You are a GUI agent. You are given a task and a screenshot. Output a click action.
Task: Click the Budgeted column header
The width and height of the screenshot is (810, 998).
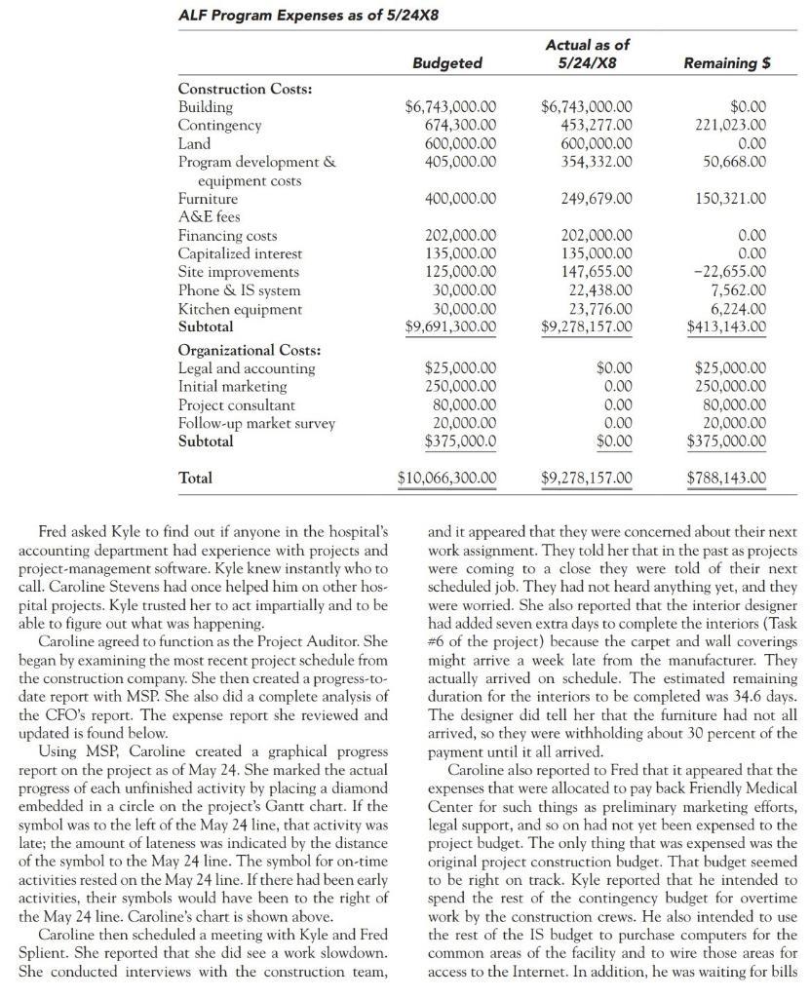tap(447, 62)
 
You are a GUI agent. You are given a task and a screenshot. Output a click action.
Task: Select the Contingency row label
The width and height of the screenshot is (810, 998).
tap(219, 126)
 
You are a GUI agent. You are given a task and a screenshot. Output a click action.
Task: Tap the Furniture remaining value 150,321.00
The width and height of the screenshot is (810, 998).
tap(731, 199)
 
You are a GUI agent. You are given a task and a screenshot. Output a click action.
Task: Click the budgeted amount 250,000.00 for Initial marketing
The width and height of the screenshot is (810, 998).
tap(458, 387)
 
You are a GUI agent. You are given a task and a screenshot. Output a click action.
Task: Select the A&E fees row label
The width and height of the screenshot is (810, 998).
tap(209, 217)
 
